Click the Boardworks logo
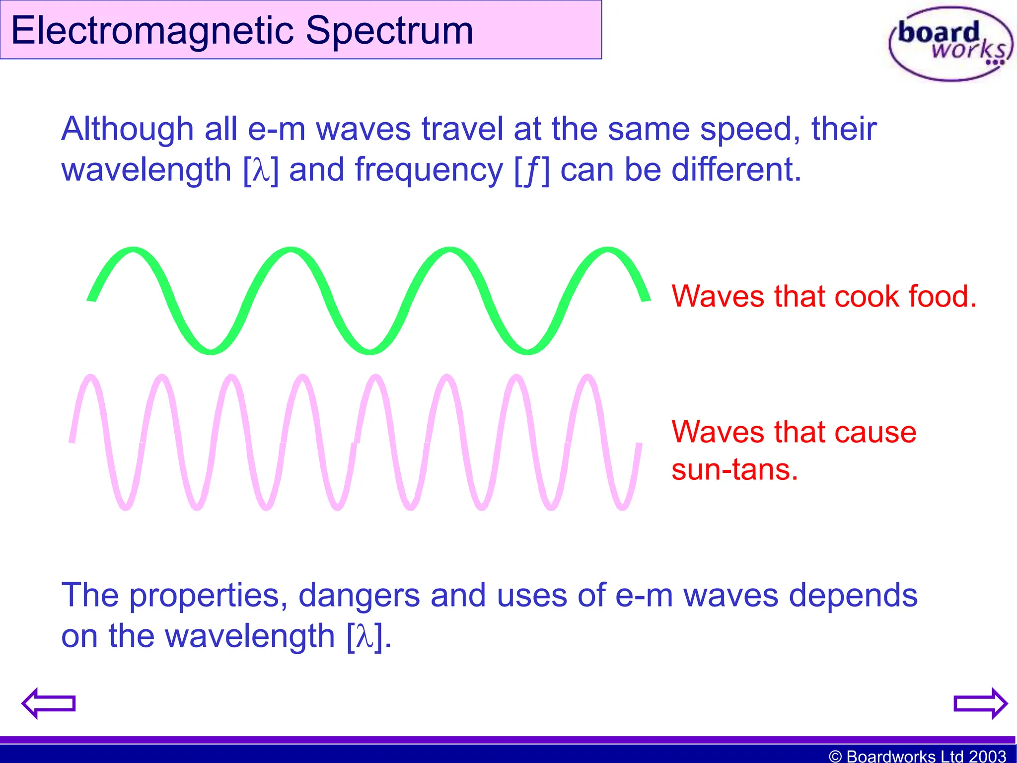coord(950,44)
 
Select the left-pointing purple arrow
coord(48,703)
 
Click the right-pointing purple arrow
coord(980,703)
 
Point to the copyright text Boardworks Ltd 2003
coord(917,756)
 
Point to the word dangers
coord(359,596)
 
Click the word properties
coord(208,596)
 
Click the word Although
coord(127,129)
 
